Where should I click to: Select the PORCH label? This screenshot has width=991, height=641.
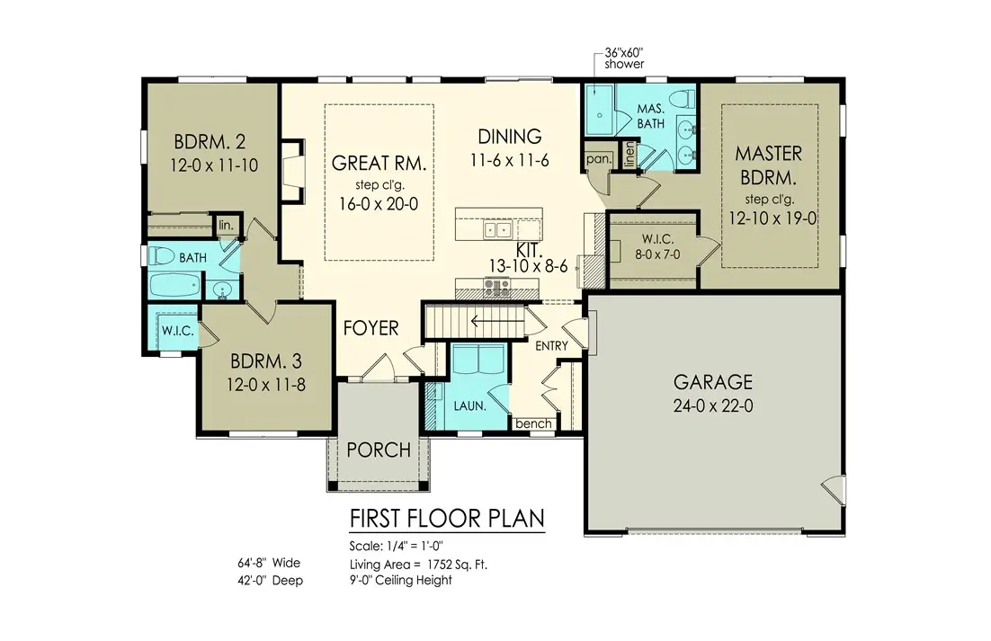point(378,450)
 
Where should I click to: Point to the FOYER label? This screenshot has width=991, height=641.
point(371,328)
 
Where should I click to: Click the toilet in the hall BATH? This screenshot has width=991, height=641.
point(163,255)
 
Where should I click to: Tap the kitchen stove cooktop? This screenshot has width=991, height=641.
point(496,288)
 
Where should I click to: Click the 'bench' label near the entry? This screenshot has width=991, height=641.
point(532,423)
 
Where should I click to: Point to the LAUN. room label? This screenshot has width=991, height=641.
point(469,405)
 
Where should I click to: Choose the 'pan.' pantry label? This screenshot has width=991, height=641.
point(597,158)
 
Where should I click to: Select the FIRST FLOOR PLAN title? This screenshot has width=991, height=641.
point(446,520)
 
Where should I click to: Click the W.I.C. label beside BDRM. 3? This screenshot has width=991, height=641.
point(178,331)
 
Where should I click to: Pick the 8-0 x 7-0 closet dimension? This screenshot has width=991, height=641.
point(653,255)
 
